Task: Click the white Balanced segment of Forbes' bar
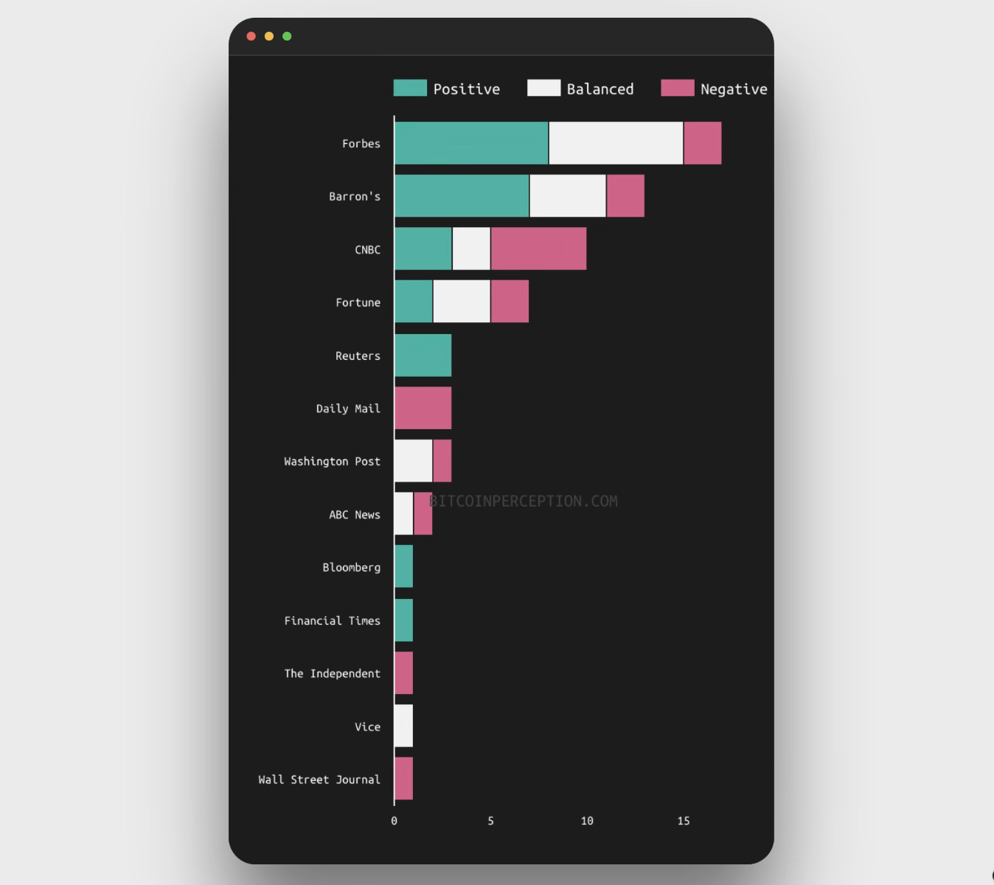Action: (616, 143)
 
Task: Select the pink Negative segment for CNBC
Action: (538, 249)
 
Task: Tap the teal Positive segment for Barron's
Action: (462, 196)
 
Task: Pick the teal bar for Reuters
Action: (423, 355)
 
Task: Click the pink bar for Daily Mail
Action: (423, 408)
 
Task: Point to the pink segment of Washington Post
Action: (442, 461)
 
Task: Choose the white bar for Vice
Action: (403, 726)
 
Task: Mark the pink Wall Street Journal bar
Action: (403, 779)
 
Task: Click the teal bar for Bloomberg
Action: (403, 566)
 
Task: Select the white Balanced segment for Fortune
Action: (462, 302)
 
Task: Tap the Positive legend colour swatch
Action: (410, 88)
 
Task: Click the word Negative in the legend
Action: (734, 89)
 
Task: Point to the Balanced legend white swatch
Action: (543, 88)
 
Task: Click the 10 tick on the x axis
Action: (587, 821)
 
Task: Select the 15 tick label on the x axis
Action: (684, 821)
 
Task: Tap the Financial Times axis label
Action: (332, 621)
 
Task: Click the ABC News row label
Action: (355, 515)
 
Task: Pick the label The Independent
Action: (332, 673)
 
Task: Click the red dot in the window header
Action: (251, 36)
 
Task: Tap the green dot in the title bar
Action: (287, 36)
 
